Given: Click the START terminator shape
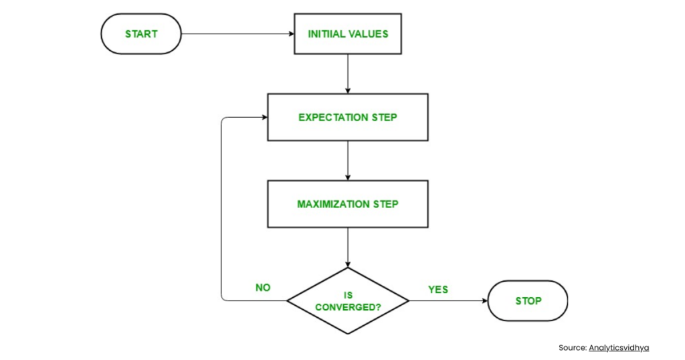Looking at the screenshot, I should click(x=140, y=33).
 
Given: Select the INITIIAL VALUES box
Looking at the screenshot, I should click(x=347, y=33).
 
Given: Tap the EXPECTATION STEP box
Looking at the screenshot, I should click(x=347, y=117).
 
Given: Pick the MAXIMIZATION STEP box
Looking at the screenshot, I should click(x=347, y=203).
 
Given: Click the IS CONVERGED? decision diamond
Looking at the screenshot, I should click(x=347, y=300).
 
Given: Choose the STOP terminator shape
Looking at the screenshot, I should click(x=528, y=300).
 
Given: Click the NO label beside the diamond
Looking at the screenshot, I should click(x=263, y=288).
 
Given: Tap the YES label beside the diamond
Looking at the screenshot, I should click(x=438, y=289).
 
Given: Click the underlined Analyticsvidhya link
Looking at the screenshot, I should click(x=619, y=347).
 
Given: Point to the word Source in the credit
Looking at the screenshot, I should click(x=572, y=347).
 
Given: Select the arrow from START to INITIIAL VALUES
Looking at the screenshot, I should click(x=237, y=33).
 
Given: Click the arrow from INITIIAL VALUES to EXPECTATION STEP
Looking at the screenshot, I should click(x=347, y=74).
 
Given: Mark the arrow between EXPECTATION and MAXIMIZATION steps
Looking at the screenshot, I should click(x=347, y=161).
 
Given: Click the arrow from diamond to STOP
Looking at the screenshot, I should click(x=448, y=300).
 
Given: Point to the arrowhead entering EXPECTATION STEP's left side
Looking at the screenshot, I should click(x=264, y=117).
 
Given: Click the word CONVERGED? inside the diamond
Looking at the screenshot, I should click(x=347, y=306).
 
